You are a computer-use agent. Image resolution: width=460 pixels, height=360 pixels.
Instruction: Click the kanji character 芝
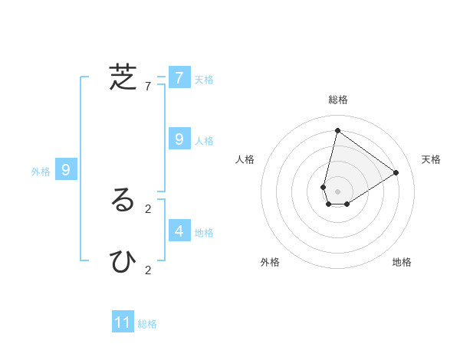coord(123,77)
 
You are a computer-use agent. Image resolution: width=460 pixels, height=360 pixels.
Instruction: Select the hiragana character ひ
coord(123,261)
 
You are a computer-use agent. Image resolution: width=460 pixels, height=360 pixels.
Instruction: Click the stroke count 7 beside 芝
coord(148,87)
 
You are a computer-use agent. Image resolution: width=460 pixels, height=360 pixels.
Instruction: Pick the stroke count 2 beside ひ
coord(148,270)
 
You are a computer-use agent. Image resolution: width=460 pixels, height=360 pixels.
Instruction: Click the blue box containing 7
coord(179,77)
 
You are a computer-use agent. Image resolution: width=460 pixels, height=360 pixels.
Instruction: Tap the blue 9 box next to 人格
coord(179,139)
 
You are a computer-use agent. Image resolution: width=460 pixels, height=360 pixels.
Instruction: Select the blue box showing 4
coord(179,230)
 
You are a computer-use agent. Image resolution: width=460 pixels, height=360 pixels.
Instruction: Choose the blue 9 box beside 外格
coord(66,170)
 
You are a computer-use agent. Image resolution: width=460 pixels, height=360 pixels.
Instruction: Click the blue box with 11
coord(123,322)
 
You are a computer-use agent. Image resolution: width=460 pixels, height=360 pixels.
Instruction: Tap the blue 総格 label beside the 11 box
coord(147,324)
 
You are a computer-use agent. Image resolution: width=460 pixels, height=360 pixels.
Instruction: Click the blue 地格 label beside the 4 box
coord(204,232)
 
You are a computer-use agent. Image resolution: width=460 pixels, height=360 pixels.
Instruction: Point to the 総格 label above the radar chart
coord(337,100)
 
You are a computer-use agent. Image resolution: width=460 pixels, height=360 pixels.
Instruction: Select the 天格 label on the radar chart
coord(431,159)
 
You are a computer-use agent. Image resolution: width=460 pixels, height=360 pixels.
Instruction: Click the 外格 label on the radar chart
coord(270,262)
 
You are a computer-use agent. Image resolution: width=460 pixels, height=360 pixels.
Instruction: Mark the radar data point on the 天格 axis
coord(396,172)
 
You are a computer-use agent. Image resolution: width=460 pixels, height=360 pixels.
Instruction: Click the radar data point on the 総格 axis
coord(337,130)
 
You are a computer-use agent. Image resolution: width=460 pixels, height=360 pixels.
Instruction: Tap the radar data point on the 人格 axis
coord(324,187)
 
